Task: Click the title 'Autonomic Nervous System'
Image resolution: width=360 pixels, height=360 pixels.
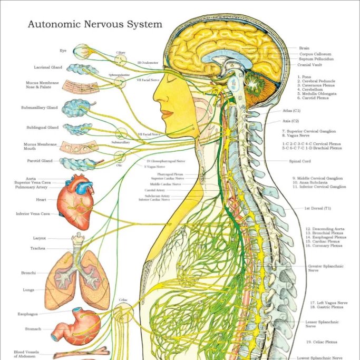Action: coord(95,24)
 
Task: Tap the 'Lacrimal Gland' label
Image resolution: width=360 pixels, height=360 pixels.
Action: coord(48,67)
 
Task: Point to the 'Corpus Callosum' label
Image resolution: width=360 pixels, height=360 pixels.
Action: coord(316,54)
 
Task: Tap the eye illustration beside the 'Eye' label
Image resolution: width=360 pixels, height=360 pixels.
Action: coord(81,52)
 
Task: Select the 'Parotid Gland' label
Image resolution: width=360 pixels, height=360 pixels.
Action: coord(40,161)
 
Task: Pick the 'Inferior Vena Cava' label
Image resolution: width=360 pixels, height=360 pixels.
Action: coord(33,214)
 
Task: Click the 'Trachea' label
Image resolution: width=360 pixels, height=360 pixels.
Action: coord(37,248)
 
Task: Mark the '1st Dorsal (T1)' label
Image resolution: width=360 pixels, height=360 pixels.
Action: coord(317,208)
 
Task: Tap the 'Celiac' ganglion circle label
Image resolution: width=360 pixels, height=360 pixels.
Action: coord(123,300)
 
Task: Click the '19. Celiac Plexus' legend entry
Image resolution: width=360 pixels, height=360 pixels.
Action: coord(324,342)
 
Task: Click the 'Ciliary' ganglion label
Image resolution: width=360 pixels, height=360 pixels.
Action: coord(121,53)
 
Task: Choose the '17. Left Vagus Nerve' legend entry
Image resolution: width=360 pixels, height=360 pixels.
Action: coord(329,303)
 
